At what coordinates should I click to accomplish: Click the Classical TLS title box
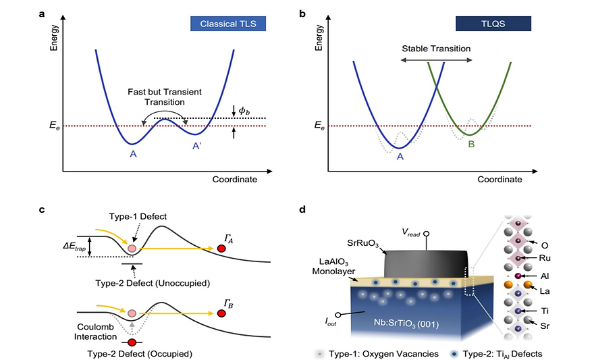[x=227, y=24]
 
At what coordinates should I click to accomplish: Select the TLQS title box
[x=493, y=24]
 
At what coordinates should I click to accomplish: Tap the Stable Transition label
[x=435, y=49]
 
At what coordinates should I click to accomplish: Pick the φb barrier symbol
[x=244, y=109]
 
